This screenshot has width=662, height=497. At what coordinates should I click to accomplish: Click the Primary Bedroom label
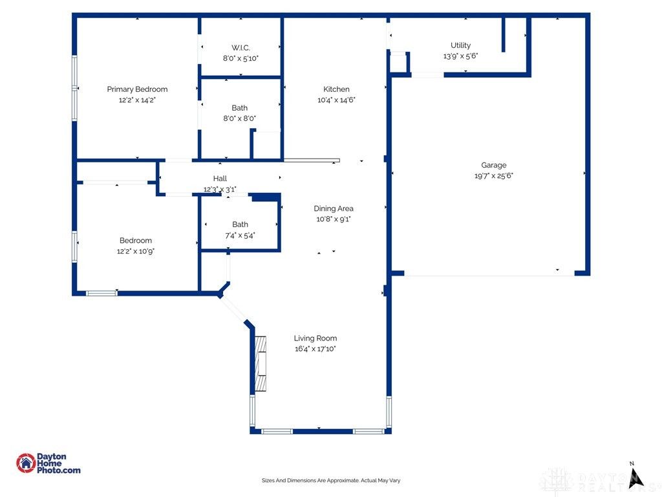click(x=137, y=89)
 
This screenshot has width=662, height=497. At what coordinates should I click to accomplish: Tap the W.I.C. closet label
click(x=240, y=48)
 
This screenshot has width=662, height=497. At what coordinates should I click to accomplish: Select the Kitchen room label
click(x=336, y=89)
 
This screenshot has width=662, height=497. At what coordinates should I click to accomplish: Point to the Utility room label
click(x=460, y=45)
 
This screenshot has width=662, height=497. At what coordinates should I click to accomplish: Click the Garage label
click(x=494, y=165)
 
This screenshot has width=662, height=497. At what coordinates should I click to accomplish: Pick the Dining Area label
click(x=334, y=208)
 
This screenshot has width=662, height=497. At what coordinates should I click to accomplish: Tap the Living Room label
click(x=315, y=338)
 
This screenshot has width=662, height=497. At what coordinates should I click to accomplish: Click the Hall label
click(x=220, y=179)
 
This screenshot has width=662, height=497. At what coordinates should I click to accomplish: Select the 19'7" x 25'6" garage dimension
click(x=494, y=176)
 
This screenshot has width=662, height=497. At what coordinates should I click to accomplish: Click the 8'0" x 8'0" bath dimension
click(x=240, y=118)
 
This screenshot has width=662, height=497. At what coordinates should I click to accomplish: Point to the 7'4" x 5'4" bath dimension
click(x=240, y=235)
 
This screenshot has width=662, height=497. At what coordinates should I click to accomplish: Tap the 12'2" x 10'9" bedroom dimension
click(x=136, y=251)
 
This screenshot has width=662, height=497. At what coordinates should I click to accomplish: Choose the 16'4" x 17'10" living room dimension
click(x=315, y=349)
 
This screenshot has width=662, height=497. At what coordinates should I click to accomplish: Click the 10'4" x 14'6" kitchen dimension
click(x=336, y=100)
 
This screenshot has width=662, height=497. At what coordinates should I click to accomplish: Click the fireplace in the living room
click(x=261, y=364)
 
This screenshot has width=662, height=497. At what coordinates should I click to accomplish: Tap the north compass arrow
click(x=635, y=478)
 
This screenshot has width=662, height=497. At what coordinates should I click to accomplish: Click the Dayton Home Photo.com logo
click(x=48, y=463)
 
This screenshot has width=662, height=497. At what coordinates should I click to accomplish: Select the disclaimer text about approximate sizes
click(x=331, y=481)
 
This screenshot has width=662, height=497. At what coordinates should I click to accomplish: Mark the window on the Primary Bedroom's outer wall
click(x=75, y=88)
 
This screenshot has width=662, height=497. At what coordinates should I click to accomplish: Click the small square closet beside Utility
click(x=398, y=63)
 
